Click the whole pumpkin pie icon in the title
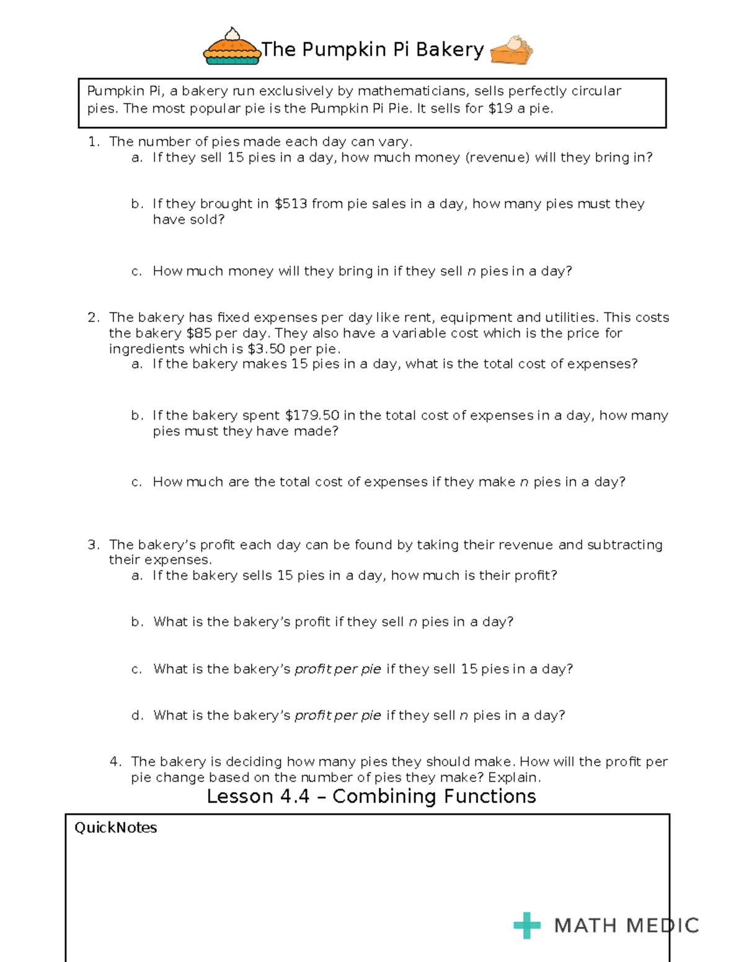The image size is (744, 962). [x=232, y=47]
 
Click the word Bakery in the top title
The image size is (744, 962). [x=449, y=50]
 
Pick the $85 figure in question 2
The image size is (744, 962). [x=198, y=333]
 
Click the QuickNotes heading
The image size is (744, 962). [x=115, y=828]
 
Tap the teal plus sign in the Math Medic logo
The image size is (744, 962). [x=527, y=925]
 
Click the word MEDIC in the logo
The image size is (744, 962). [x=662, y=925]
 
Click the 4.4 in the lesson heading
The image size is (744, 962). [x=294, y=796]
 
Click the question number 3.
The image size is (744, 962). [x=93, y=544]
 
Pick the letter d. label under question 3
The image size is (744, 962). [x=137, y=715]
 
